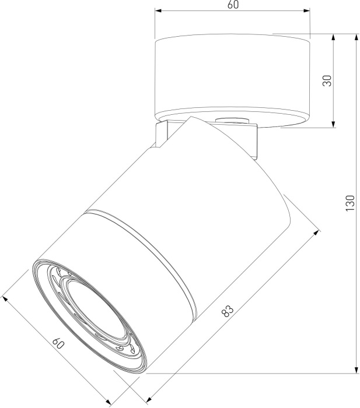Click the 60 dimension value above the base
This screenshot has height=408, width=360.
pyautogui.click(x=232, y=5)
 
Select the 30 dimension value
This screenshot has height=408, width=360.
pyautogui.click(x=328, y=80)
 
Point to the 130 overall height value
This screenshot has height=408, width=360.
pyautogui.click(x=350, y=203)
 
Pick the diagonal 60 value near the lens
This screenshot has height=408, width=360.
pyautogui.click(x=57, y=343)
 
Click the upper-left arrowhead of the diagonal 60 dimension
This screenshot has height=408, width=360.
pyautogui.click(x=6, y=299)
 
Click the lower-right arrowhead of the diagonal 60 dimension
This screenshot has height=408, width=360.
pyautogui.click(x=110, y=403)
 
